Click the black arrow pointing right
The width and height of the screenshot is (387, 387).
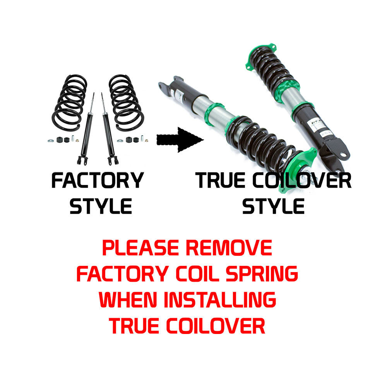tap(180, 140)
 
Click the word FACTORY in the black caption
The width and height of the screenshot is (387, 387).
tap(98, 180)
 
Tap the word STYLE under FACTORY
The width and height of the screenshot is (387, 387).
tap(101, 206)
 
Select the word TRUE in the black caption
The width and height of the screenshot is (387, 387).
tap(220, 180)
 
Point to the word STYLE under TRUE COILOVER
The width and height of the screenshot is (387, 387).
tap(273, 206)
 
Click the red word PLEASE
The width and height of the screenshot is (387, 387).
tap(140, 248)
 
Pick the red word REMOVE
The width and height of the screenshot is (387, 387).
tap(229, 248)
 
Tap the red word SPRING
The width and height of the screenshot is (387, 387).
tap(262, 274)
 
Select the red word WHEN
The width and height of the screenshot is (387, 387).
tap(128, 300)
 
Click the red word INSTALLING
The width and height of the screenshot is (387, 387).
tap(220, 300)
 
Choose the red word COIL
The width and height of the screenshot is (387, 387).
tap(197, 274)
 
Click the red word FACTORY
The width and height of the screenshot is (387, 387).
tap(123, 274)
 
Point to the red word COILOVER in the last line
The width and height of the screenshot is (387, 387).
tap(216, 325)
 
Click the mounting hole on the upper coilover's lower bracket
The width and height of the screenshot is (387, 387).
tap(343, 155)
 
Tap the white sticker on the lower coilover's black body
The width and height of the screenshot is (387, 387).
tap(178, 94)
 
